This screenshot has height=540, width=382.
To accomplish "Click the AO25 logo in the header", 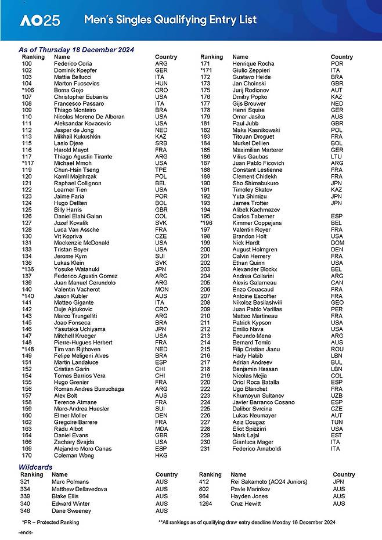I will (39, 20).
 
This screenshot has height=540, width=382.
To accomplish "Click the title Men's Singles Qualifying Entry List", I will (170, 20).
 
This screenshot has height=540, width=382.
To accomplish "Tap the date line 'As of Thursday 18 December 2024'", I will (76, 50).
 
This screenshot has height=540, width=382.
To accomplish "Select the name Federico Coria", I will (73, 63).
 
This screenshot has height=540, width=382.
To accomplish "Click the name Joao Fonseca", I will (72, 322).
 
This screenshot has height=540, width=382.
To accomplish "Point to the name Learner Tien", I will (70, 190).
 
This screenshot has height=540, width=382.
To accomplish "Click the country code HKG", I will (161, 455).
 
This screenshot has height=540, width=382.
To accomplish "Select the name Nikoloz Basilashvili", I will (258, 303).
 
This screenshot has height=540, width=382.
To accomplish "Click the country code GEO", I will (337, 303).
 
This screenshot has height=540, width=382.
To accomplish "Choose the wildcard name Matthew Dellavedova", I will (80, 489).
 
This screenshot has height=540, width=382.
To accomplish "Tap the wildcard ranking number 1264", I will (207, 503).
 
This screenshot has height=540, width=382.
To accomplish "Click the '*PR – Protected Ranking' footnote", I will (50, 523).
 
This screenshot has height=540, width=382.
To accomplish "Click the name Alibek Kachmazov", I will (256, 210).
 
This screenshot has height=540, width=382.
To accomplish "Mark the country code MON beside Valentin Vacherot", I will (161, 289).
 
